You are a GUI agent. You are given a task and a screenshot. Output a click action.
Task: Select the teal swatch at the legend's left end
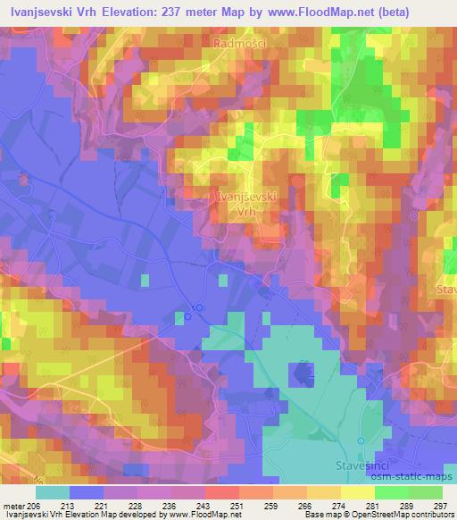[x=53, y=491]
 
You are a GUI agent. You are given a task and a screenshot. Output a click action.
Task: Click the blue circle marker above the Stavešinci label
[x=361, y=441]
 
